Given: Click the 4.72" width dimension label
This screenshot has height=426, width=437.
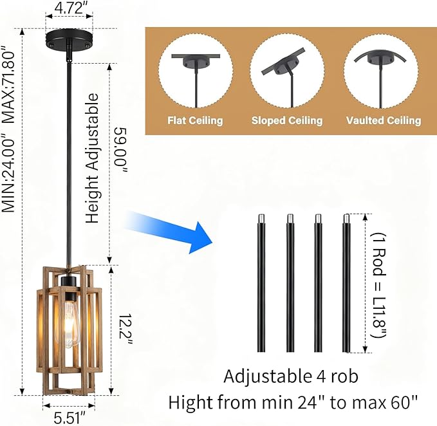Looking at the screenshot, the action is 69,8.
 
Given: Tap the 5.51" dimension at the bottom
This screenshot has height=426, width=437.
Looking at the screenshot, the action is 69,418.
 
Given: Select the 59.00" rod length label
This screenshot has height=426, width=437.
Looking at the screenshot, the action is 121,150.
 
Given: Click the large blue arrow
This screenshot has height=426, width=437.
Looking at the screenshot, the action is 167,230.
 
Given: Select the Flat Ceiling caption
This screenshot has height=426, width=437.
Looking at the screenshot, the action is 195,120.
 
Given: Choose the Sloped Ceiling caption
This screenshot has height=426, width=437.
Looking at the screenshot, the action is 287,120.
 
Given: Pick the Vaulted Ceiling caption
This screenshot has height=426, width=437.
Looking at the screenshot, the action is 384,120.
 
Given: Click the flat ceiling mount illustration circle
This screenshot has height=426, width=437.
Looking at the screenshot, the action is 196,71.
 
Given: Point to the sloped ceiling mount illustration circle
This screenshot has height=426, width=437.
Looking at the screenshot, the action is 287,71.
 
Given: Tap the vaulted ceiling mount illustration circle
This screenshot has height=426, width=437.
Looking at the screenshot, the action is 381,71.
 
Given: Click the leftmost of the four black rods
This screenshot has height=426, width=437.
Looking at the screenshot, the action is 261,283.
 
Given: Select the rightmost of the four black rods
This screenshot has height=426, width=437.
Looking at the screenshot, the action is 346,283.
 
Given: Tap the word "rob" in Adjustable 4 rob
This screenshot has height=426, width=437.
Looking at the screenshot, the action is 344,376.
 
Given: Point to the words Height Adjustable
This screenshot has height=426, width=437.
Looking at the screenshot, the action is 92,158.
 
